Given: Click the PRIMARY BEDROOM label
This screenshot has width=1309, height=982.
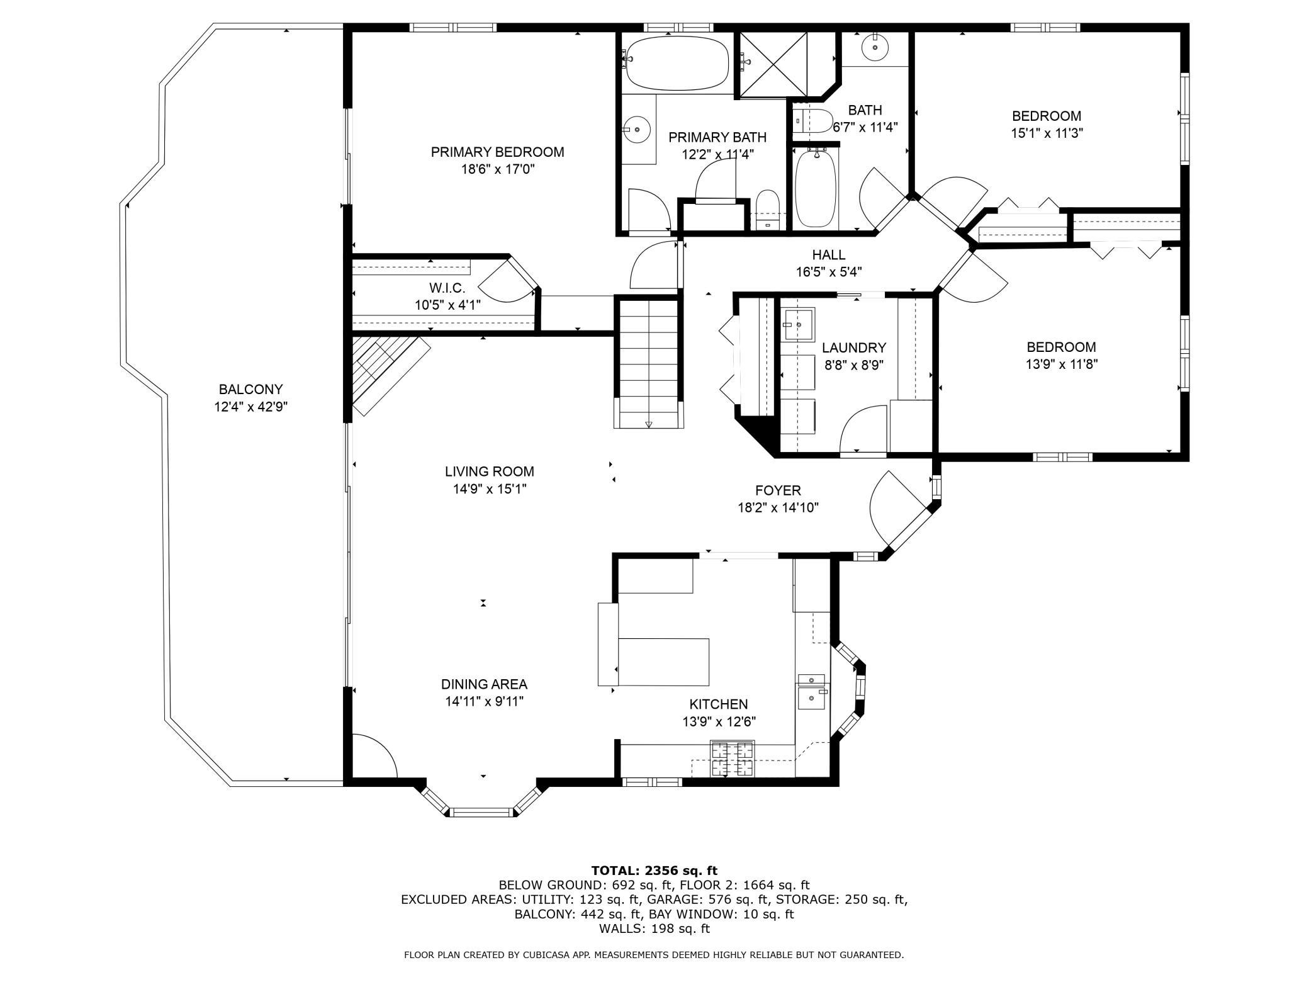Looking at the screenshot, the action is (497, 152).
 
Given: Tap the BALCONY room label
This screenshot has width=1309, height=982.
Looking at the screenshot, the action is (250, 389).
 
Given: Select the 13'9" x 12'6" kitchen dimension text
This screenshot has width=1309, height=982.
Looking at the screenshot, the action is (719, 721).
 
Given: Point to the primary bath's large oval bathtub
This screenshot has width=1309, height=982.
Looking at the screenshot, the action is (677, 62).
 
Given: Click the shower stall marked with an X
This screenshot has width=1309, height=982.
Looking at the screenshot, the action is (773, 65).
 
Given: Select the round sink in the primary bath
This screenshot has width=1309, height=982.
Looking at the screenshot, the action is (638, 130).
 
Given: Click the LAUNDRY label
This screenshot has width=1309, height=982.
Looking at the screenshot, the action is (854, 347).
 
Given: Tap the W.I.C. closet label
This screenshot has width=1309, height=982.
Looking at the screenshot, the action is (447, 288).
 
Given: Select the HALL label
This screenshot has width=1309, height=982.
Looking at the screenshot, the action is (829, 254).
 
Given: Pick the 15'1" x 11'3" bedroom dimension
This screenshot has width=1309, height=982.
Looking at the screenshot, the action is (1047, 133).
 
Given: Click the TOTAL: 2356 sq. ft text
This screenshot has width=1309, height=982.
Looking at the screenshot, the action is (654, 871).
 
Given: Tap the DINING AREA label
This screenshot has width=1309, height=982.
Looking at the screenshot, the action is (484, 684).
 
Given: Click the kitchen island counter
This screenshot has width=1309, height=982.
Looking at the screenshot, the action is (663, 662).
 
